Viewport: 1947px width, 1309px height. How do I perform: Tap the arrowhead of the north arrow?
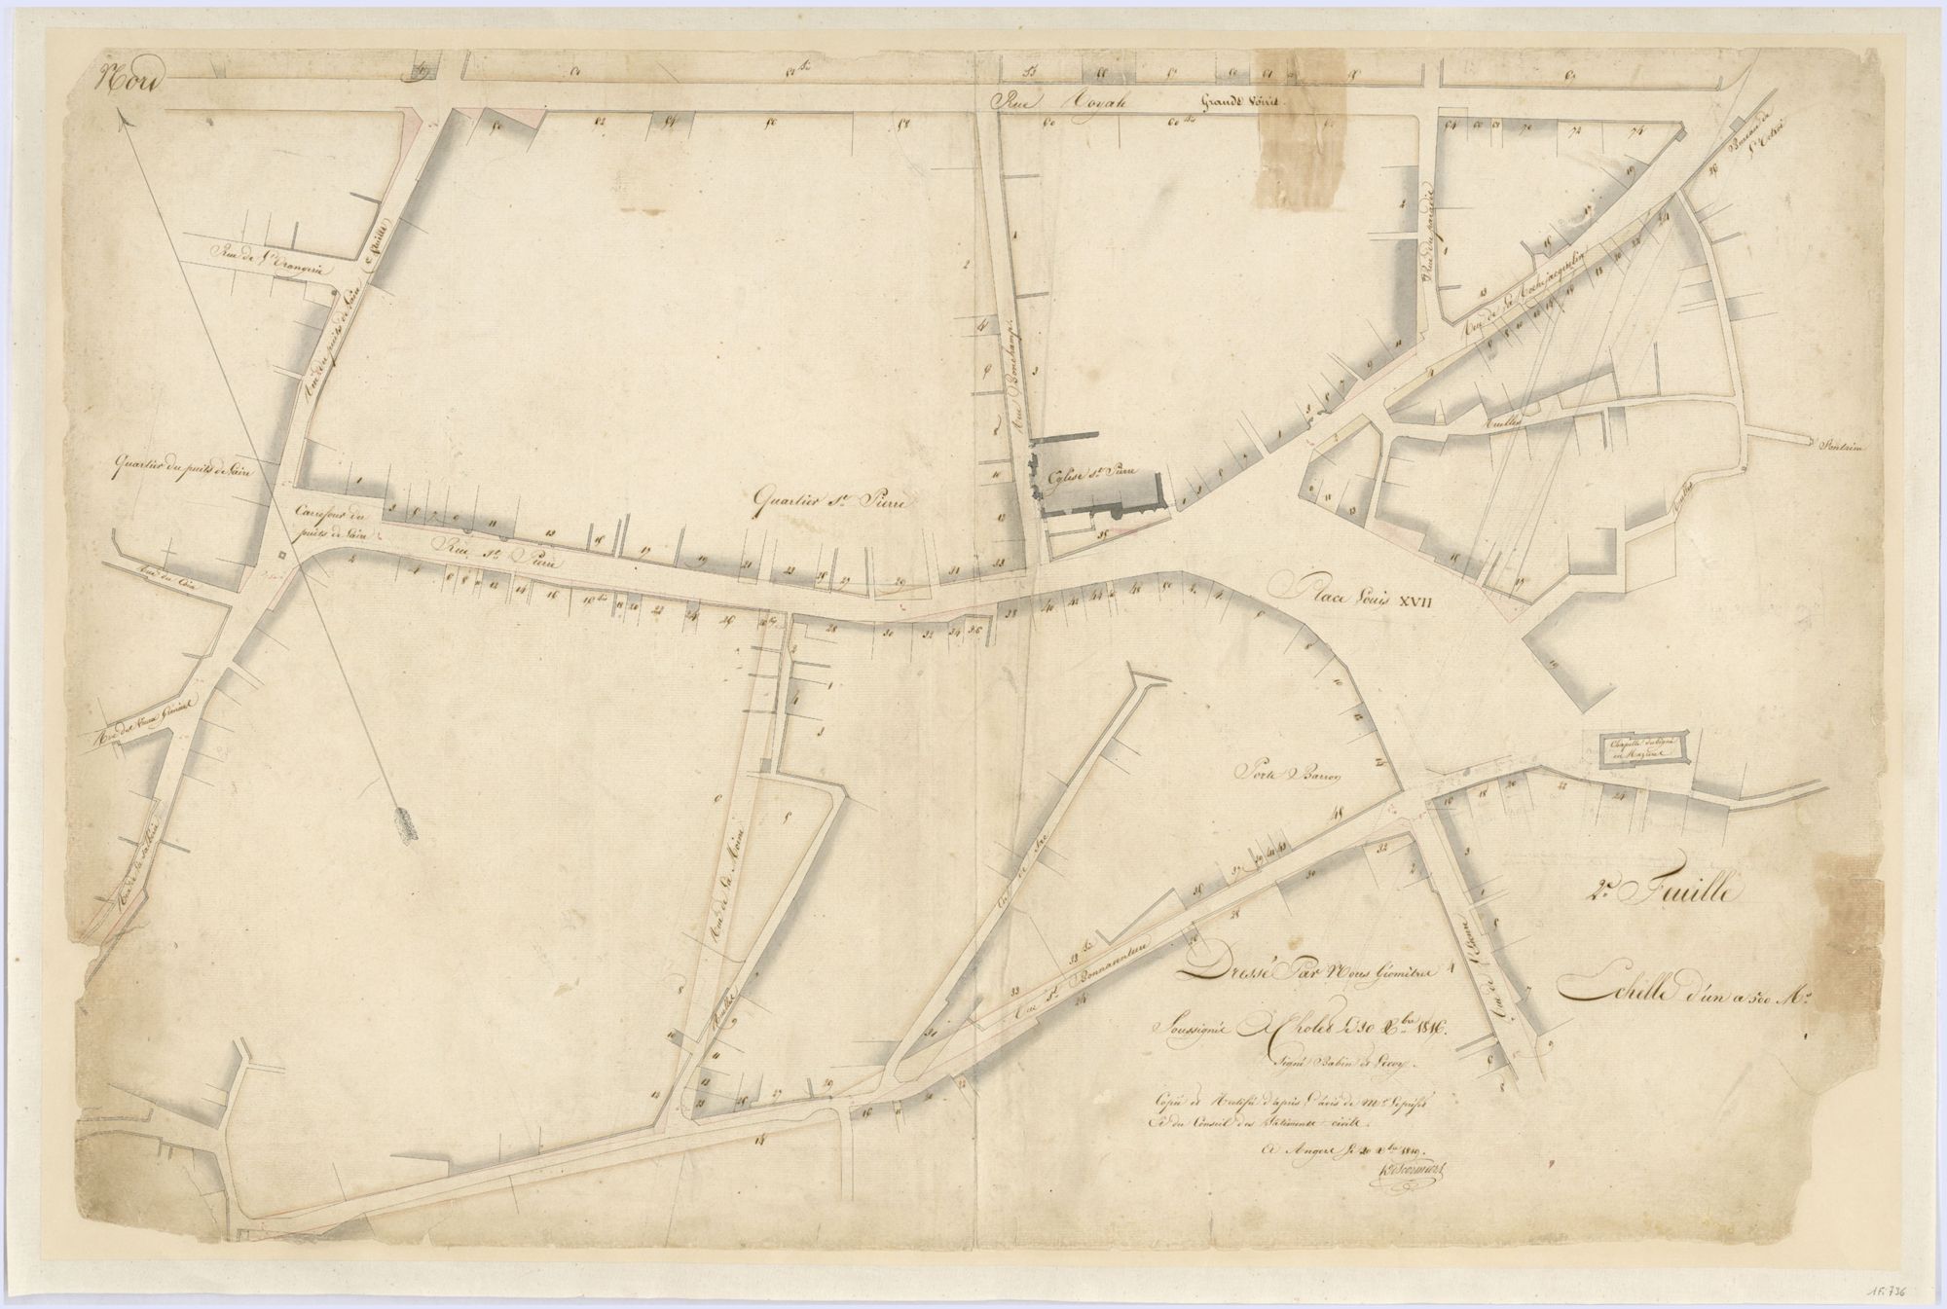click(x=123, y=118)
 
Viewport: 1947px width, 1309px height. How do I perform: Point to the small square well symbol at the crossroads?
click(x=281, y=555)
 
